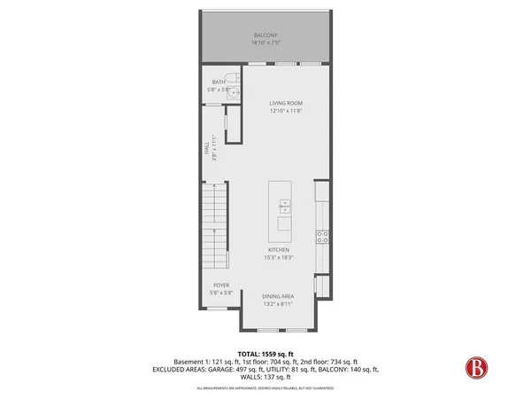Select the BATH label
click(219, 82)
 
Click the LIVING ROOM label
click(287, 103)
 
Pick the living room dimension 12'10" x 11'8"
click(287, 111)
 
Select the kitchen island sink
click(285, 207)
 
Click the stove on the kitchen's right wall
click(323, 237)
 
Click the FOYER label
click(220, 286)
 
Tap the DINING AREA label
click(278, 296)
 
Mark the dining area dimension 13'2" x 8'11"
click(278, 304)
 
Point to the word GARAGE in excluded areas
click(238, 369)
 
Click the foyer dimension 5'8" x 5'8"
click(220, 293)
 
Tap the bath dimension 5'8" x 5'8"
click(219, 90)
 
